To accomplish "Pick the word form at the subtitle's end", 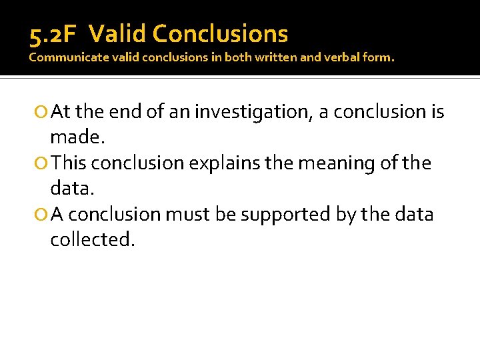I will pos(379,57).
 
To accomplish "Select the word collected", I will pos(92,240).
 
